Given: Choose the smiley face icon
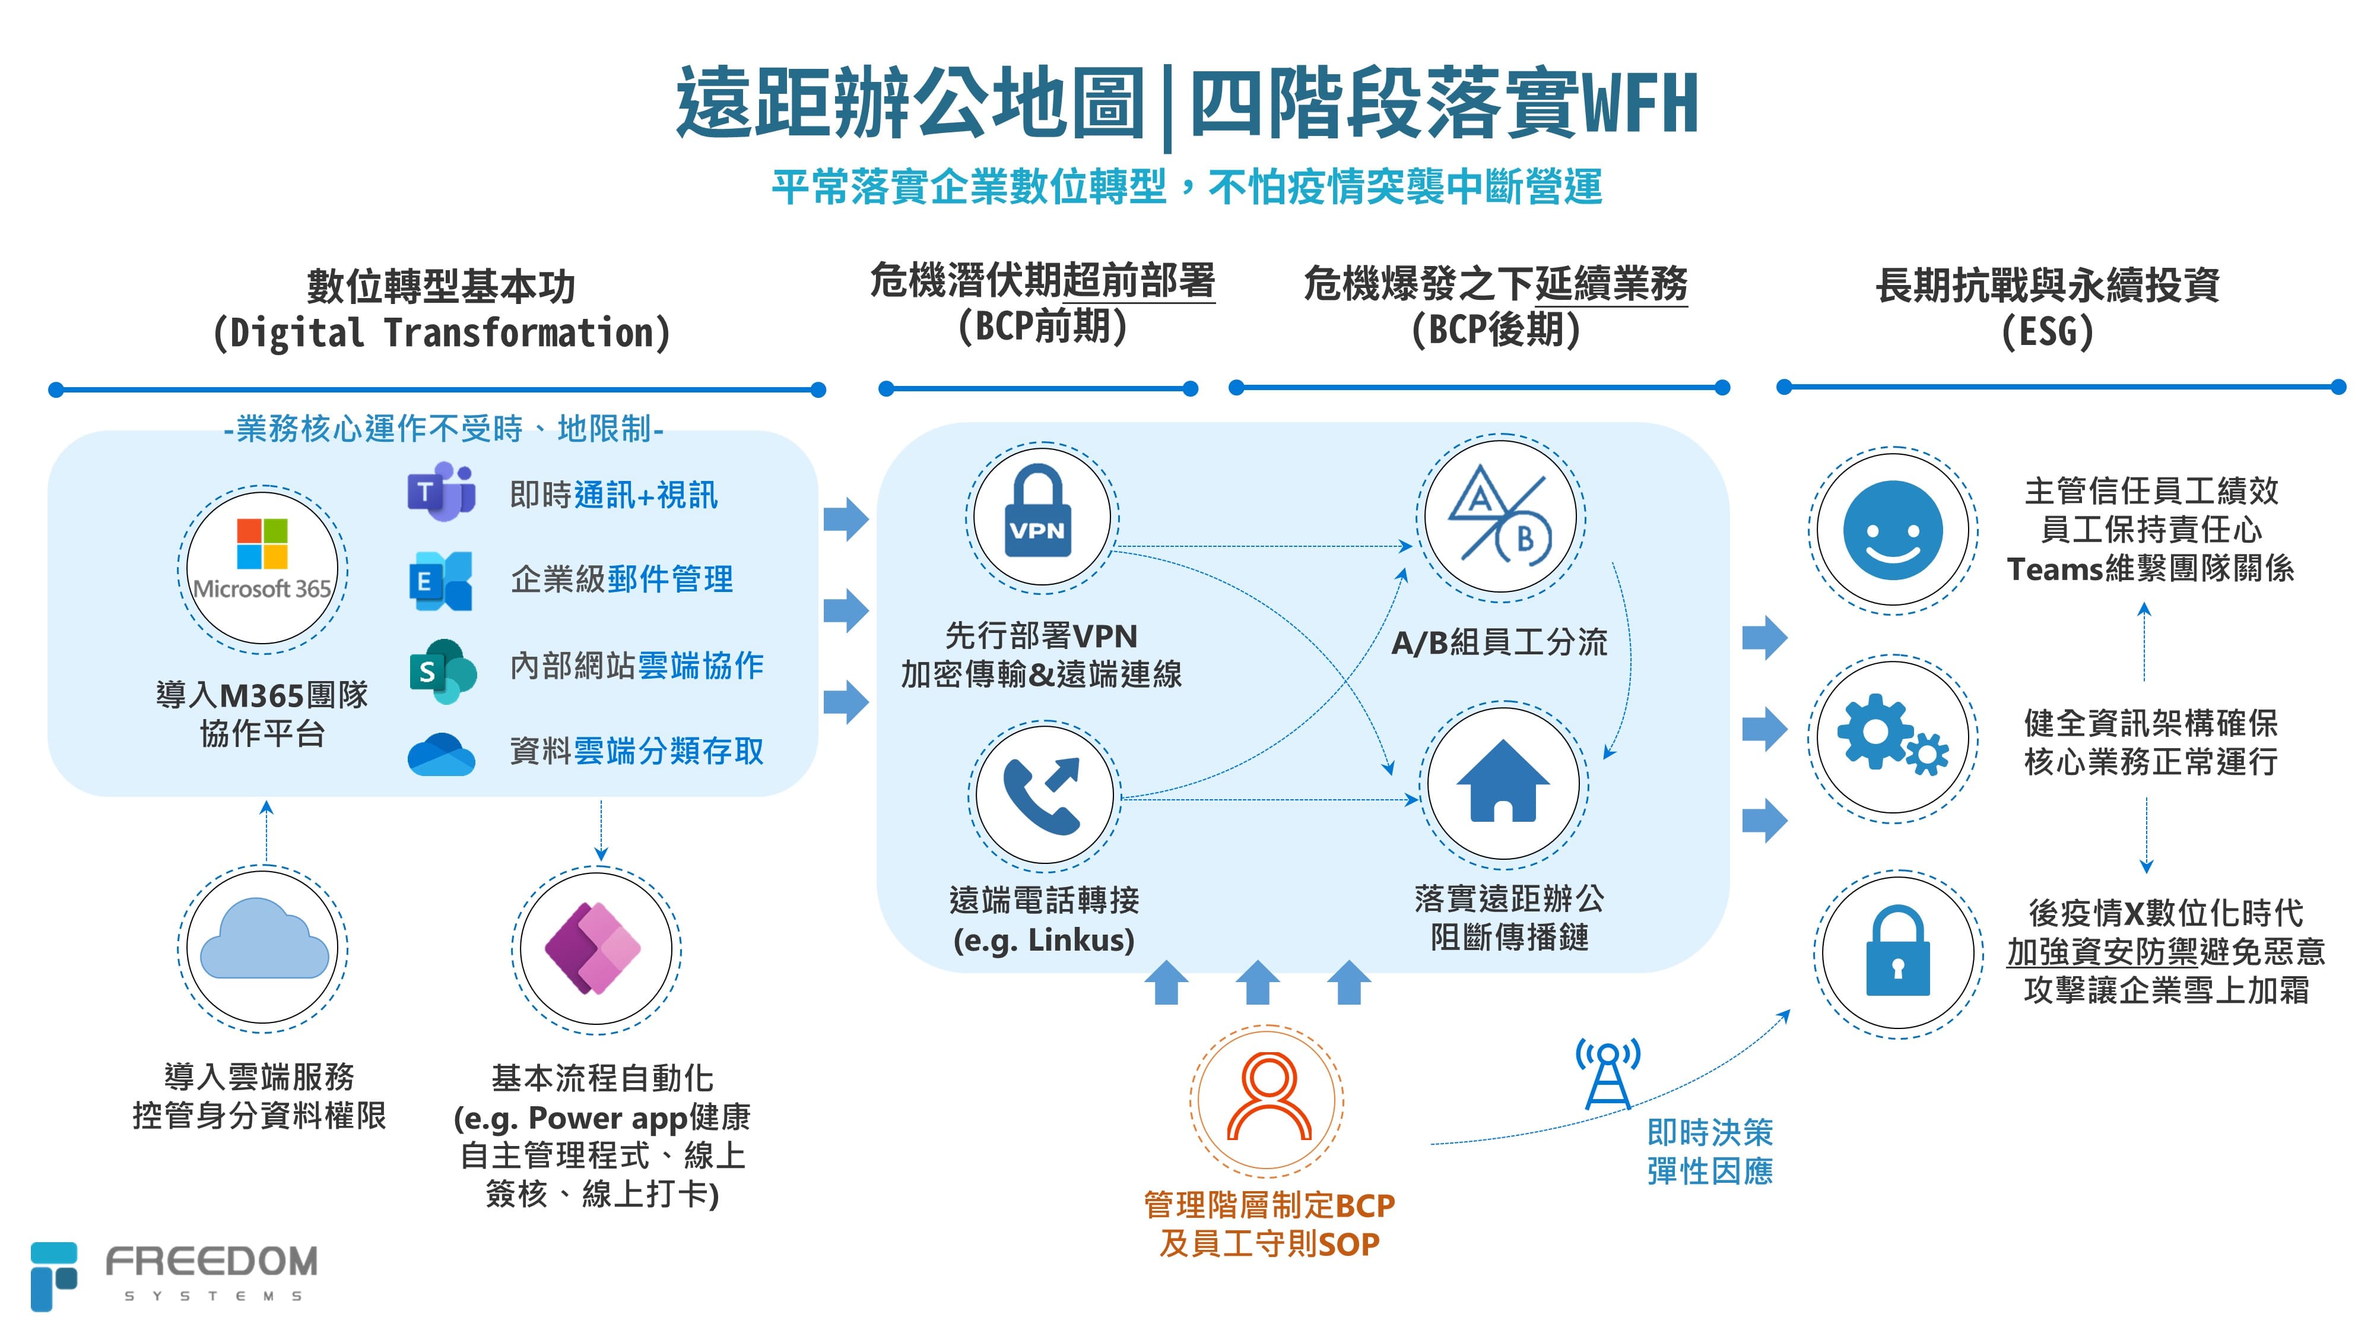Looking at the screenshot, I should (x=1892, y=530).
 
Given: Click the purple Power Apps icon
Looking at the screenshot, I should (x=595, y=948).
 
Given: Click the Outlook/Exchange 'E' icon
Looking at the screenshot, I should (x=440, y=581).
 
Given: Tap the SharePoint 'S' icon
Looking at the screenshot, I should (x=442, y=670).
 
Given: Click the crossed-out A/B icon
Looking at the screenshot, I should (x=1499, y=517).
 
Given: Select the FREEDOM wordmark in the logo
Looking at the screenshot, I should (x=211, y=1261).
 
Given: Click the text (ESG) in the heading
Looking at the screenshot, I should (x=2047, y=331).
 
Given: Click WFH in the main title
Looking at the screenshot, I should (x=1640, y=104).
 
